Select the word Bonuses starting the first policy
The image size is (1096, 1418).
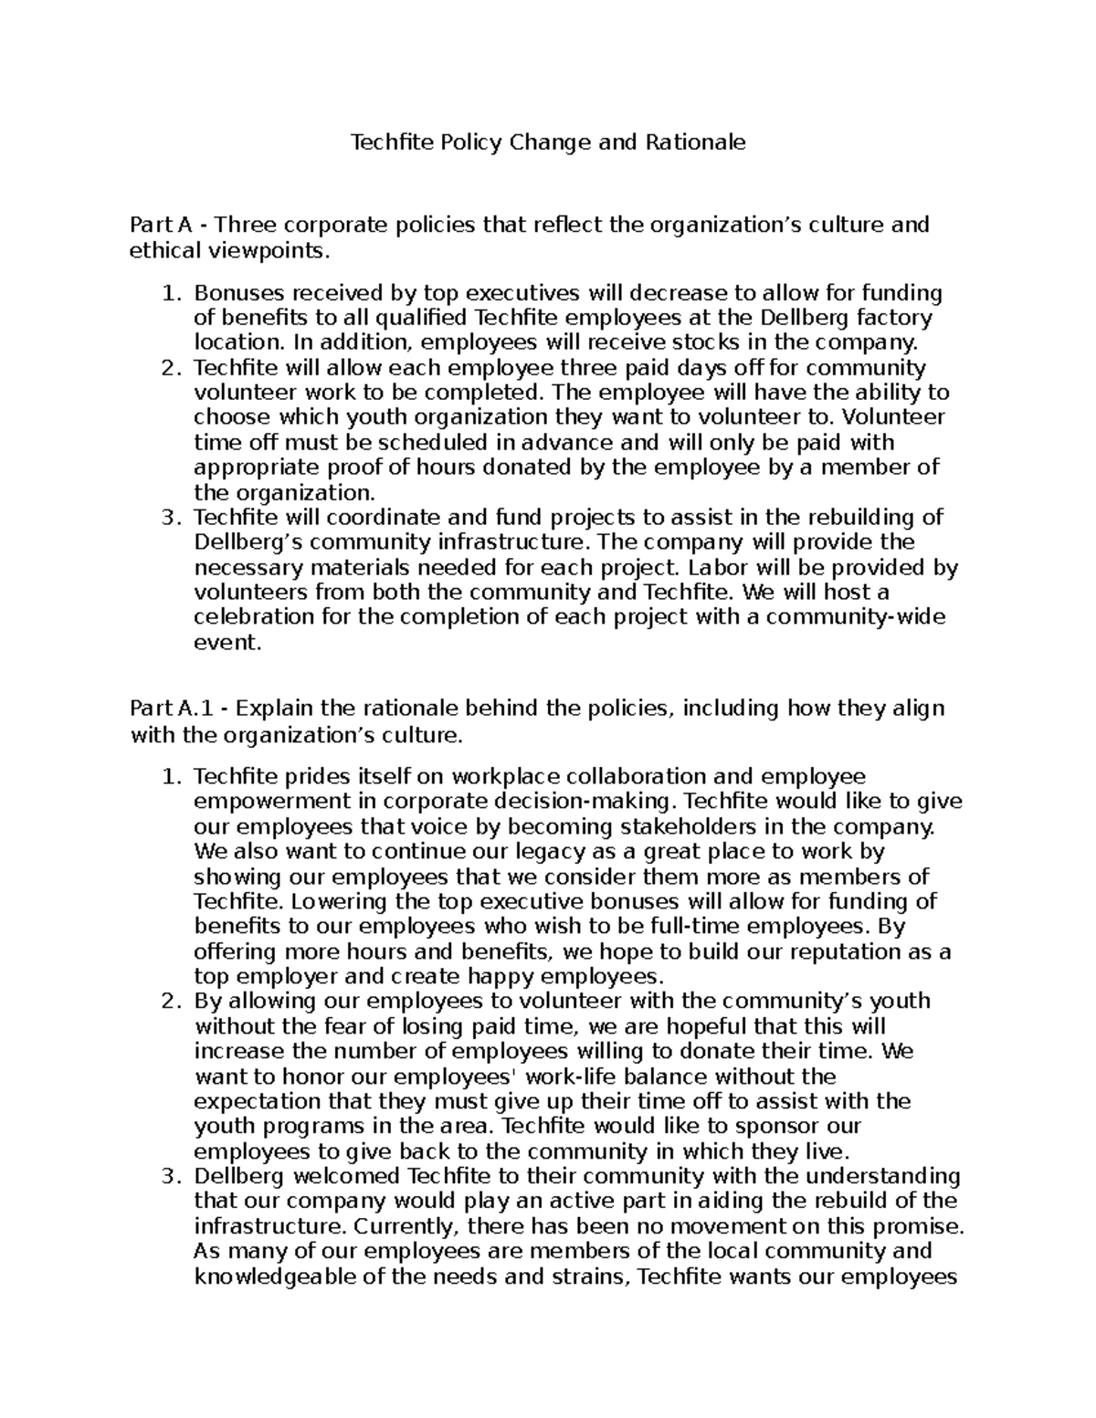(235, 293)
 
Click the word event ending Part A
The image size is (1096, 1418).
(226, 643)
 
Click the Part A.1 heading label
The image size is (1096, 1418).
(164, 709)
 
